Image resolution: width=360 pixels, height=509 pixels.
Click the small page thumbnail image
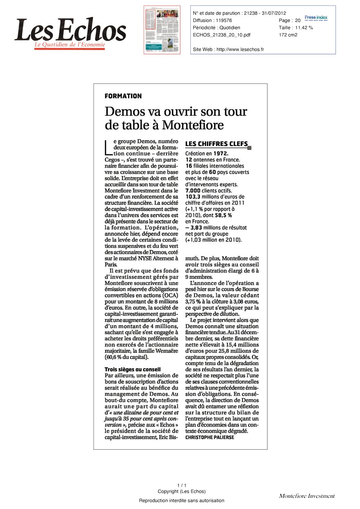pos(162,30)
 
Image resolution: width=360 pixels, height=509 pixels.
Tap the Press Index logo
pos(316,18)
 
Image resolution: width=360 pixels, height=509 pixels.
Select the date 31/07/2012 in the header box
pos(274,13)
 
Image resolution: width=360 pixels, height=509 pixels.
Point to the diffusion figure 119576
pos(224,21)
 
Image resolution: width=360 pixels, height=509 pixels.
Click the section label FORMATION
pos(123,96)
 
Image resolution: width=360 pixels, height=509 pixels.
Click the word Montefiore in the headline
pos(193,125)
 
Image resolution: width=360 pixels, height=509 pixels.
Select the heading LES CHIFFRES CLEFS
pos(217,144)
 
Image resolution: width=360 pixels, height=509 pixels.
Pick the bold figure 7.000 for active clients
pos(193,191)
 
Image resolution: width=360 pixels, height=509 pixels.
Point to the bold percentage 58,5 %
pos(223,215)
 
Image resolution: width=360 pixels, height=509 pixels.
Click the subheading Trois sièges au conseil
pos(132,369)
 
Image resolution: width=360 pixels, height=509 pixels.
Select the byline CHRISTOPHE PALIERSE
pos(210,437)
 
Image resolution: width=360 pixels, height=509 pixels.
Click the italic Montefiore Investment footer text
pos(307,496)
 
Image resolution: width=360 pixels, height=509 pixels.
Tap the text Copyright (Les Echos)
pos(181,491)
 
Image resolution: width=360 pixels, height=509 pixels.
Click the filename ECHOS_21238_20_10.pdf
pos(222,35)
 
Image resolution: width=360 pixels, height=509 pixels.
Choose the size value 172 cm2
pos(288,35)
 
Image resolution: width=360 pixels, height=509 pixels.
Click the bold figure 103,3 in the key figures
pos(193,197)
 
